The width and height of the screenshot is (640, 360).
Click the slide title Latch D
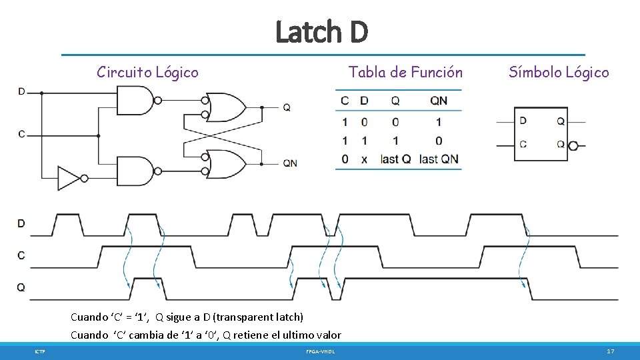(x=321, y=31)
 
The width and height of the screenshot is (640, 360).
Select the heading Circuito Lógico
(x=147, y=72)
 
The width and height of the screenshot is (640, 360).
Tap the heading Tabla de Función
(x=405, y=72)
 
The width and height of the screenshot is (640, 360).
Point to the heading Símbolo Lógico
(x=559, y=72)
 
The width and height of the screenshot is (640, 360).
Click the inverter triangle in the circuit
(x=69, y=178)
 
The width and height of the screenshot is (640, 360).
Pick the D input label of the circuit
(x=22, y=91)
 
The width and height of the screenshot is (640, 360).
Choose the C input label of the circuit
(x=22, y=134)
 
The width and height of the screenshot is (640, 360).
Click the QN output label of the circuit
(x=289, y=163)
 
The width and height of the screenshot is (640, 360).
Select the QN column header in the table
(x=439, y=101)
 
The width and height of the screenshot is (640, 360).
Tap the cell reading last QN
(x=439, y=159)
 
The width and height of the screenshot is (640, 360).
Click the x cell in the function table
(x=364, y=159)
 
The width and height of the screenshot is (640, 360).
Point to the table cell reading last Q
(x=395, y=159)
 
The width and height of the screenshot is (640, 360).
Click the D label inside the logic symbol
(x=523, y=121)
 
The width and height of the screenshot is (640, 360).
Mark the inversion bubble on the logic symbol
(x=573, y=145)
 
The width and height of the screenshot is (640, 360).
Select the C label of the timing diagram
(x=21, y=255)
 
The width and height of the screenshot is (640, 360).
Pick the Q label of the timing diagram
(x=21, y=287)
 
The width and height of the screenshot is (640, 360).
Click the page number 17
(x=610, y=351)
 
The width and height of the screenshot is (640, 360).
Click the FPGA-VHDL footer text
(x=321, y=351)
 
